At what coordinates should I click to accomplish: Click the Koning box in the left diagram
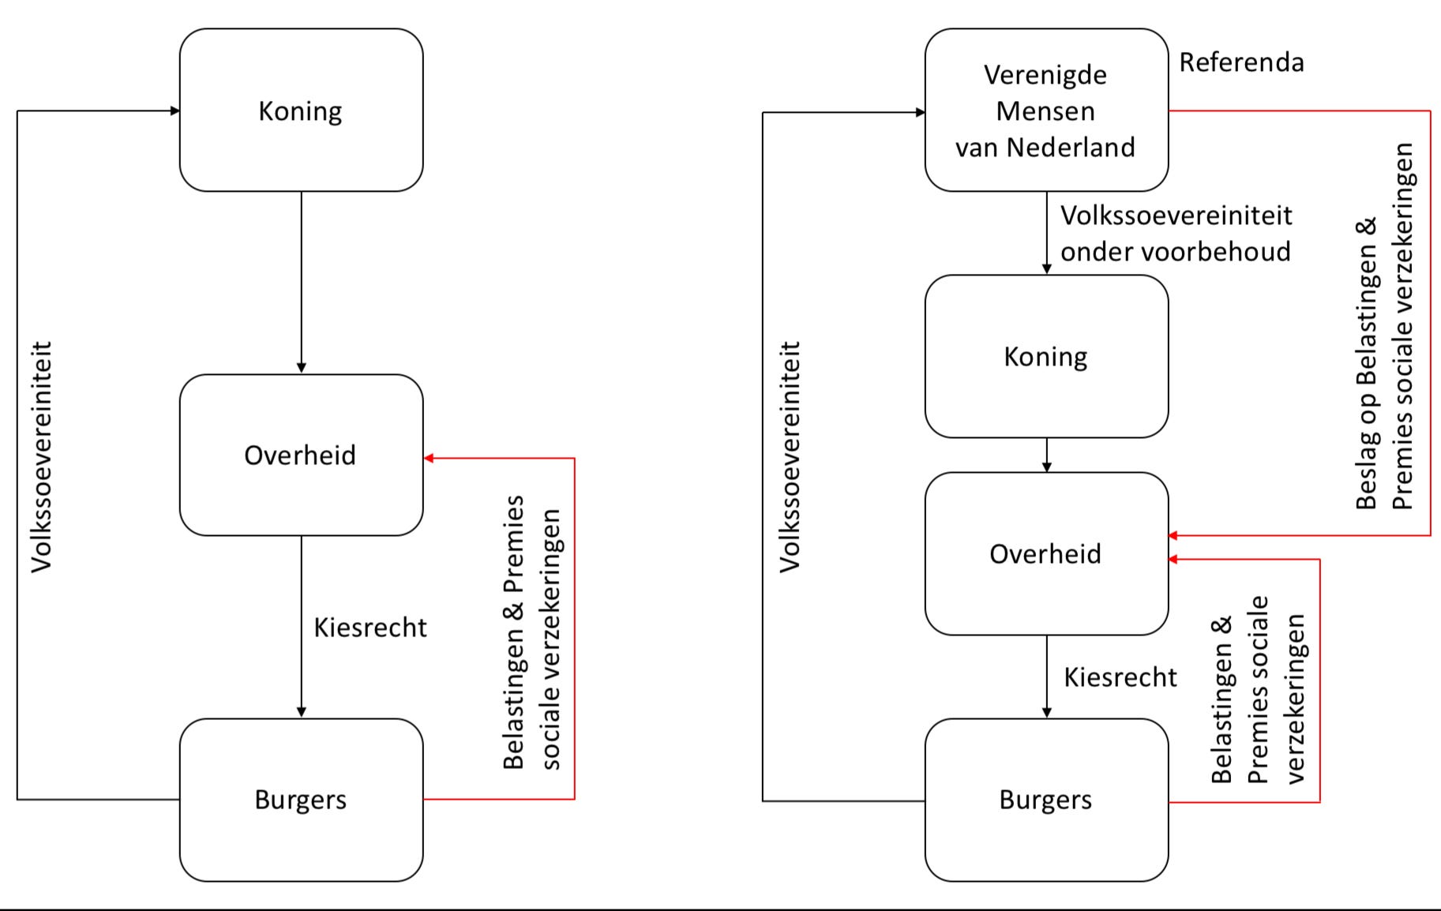point(301,111)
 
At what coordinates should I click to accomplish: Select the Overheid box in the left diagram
point(301,455)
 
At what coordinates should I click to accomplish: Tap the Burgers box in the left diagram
point(301,800)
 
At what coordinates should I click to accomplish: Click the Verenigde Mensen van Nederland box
point(1046,111)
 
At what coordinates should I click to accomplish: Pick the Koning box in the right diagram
point(1046,357)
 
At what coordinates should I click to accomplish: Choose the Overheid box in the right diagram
point(1046,554)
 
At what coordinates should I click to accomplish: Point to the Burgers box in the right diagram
point(1046,800)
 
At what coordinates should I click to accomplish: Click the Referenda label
point(1241,62)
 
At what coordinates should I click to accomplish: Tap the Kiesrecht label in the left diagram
point(370,628)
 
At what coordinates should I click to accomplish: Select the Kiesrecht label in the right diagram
point(1120,677)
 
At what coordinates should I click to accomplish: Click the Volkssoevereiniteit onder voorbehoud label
point(1176,234)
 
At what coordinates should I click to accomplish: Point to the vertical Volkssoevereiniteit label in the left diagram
point(41,456)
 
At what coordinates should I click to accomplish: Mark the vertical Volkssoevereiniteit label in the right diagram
point(790,456)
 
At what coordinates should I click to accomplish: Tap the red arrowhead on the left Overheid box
point(429,458)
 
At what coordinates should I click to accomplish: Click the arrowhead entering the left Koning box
point(175,111)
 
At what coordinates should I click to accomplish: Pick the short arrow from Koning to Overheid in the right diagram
point(1047,455)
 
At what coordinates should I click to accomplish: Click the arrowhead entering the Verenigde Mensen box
point(920,112)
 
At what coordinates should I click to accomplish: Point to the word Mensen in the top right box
point(1045,111)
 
